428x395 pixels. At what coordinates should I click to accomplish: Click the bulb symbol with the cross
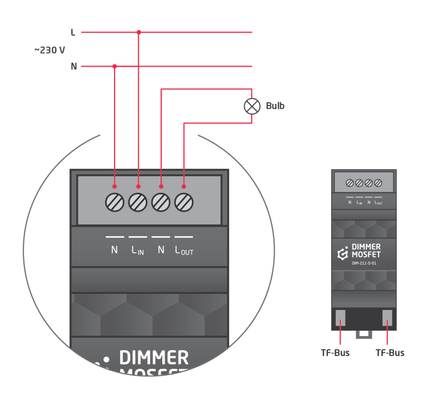[x=252, y=106]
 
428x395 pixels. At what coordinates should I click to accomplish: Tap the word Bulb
[x=275, y=106]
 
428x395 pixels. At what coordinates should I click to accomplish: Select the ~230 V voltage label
[x=49, y=50]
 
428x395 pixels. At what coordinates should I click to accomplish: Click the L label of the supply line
[x=73, y=33]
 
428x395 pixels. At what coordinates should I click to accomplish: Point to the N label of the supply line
[x=73, y=67]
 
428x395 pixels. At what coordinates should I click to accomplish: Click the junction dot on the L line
[x=139, y=32]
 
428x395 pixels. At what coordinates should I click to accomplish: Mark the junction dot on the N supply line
[x=115, y=67]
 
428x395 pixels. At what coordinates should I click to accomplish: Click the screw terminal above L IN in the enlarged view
[x=138, y=202]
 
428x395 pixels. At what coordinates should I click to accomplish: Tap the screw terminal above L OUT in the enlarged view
[x=183, y=202]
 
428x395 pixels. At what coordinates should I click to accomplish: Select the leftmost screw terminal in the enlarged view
[x=115, y=202]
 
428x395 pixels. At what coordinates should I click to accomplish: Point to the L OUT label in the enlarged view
[x=184, y=251]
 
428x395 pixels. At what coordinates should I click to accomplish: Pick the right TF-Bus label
[x=390, y=353]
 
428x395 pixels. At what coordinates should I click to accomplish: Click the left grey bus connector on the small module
[x=341, y=318]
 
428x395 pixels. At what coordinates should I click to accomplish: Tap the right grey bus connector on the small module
[x=387, y=318]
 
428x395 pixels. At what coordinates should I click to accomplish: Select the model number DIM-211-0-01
[x=365, y=264]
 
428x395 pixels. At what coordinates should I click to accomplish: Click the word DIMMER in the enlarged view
[x=154, y=357]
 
